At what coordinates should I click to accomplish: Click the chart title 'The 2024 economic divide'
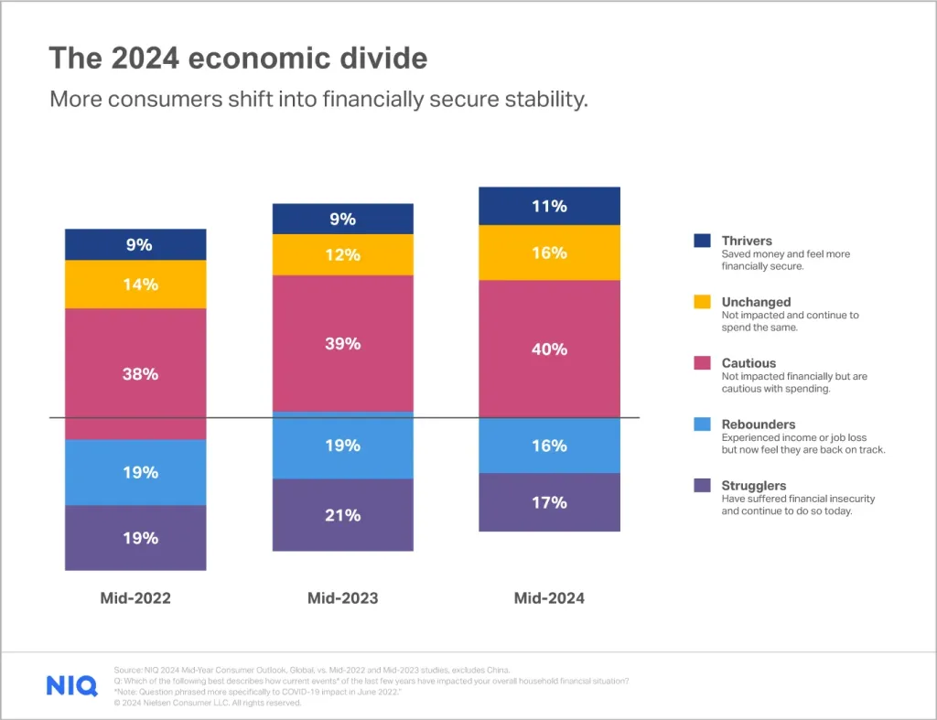pyautogui.click(x=238, y=59)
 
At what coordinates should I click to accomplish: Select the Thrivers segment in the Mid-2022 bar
pyautogui.click(x=135, y=244)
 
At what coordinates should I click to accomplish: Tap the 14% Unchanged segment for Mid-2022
pyautogui.click(x=135, y=285)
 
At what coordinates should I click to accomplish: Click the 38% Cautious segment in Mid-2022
pyautogui.click(x=135, y=373)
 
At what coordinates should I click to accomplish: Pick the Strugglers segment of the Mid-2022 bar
pyautogui.click(x=135, y=538)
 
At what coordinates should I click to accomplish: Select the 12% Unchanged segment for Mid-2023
pyautogui.click(x=342, y=254)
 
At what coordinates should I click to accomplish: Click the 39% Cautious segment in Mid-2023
pyautogui.click(x=342, y=343)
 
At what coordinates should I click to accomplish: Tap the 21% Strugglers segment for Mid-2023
pyautogui.click(x=342, y=515)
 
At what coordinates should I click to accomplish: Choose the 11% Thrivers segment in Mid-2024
pyautogui.click(x=549, y=206)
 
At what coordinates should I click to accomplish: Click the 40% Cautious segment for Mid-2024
pyautogui.click(x=549, y=349)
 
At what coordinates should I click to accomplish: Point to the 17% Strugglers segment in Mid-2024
pyautogui.click(x=549, y=502)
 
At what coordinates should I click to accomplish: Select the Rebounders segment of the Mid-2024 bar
pyautogui.click(x=549, y=446)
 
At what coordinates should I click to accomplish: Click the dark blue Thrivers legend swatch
pyautogui.click(x=702, y=241)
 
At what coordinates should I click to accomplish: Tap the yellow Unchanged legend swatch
pyautogui.click(x=702, y=302)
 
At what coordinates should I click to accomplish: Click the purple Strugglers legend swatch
pyautogui.click(x=702, y=486)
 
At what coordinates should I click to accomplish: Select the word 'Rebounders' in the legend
pyautogui.click(x=759, y=424)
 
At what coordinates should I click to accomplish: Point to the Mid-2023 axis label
pyautogui.click(x=342, y=598)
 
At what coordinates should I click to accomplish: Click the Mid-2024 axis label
pyautogui.click(x=549, y=598)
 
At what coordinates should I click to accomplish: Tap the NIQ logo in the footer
pyautogui.click(x=71, y=685)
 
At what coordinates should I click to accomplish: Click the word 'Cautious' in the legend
pyautogui.click(x=749, y=363)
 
